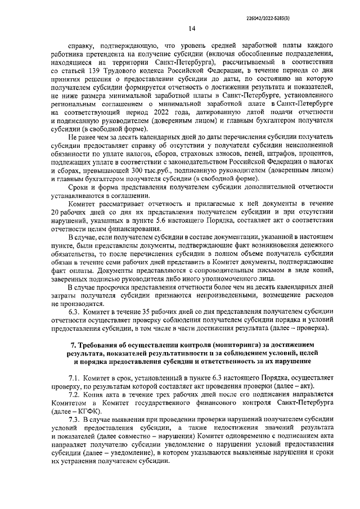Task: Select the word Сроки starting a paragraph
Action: pos(79,188)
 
